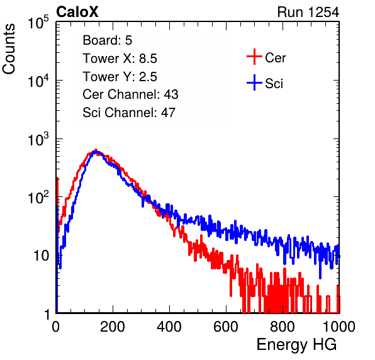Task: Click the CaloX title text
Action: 77,12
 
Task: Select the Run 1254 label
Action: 308,12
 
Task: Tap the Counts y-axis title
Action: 9,49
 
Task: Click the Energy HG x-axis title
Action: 296,345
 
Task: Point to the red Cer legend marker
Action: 254,57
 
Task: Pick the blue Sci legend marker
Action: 254,82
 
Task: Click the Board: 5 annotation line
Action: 107,40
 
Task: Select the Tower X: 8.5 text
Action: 120,59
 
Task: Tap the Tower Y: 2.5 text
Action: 120,77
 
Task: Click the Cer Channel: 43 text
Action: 130,94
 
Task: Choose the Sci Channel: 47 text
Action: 129,113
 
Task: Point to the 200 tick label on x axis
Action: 113,327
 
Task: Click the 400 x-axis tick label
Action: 169,327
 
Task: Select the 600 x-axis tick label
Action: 226,327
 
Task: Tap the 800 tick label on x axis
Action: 283,327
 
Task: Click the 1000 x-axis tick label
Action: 339,327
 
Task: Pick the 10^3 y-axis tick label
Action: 38,139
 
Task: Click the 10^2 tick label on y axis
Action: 38,198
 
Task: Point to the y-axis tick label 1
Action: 47,315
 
